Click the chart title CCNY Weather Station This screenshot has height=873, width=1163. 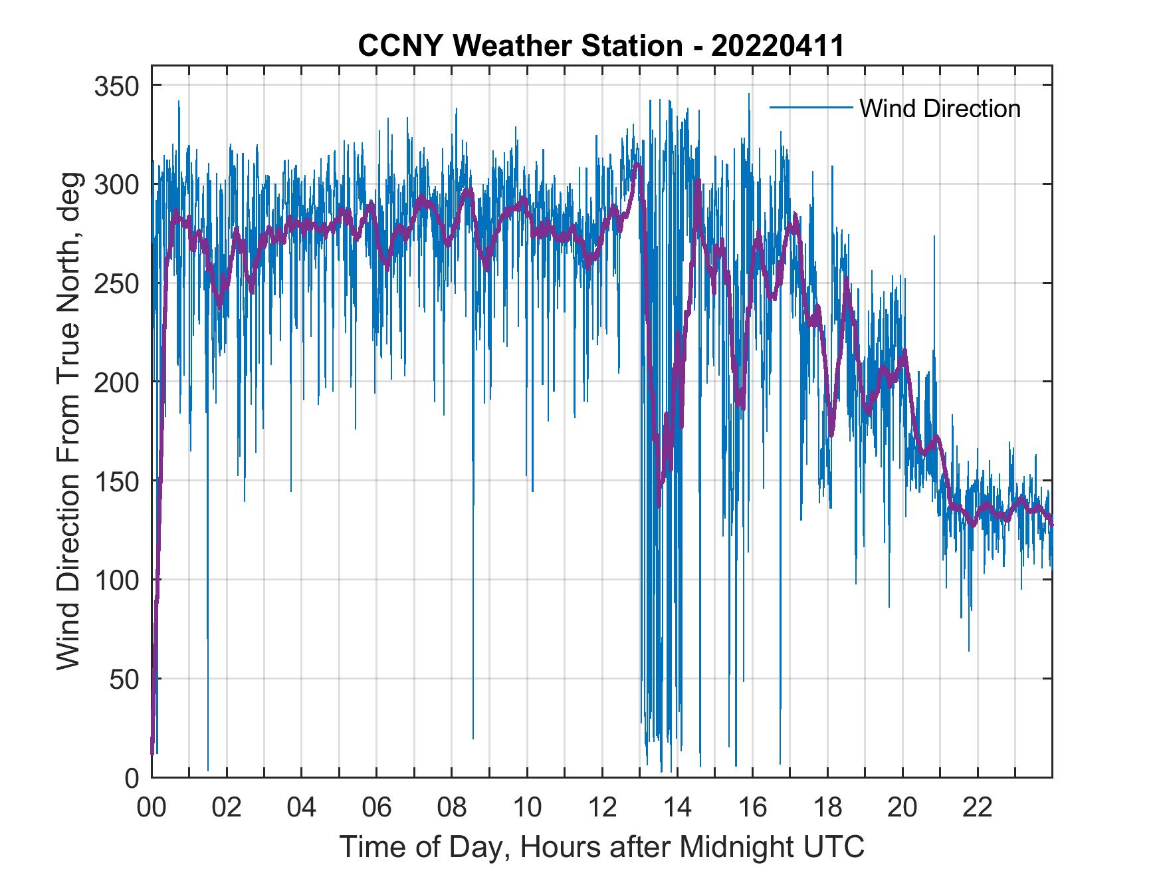[601, 46]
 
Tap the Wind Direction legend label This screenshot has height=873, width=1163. [940, 108]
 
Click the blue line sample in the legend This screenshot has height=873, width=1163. [811, 107]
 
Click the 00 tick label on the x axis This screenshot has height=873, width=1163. [152, 809]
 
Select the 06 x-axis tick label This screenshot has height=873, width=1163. [377, 809]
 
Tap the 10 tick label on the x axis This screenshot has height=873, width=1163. [527, 809]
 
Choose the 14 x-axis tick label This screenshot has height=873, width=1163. [677, 809]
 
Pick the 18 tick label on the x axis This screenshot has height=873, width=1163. [827, 809]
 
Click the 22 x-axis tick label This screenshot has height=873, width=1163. [978, 809]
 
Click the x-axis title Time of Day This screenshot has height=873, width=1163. [602, 848]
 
